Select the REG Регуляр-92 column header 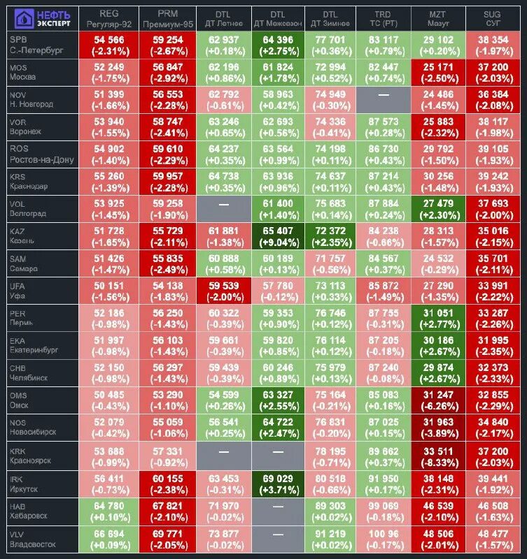click(108, 18)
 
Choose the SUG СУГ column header click(496, 18)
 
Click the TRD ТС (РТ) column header click(382, 18)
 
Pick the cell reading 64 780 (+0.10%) click(108, 510)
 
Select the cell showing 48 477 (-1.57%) click(496, 537)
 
